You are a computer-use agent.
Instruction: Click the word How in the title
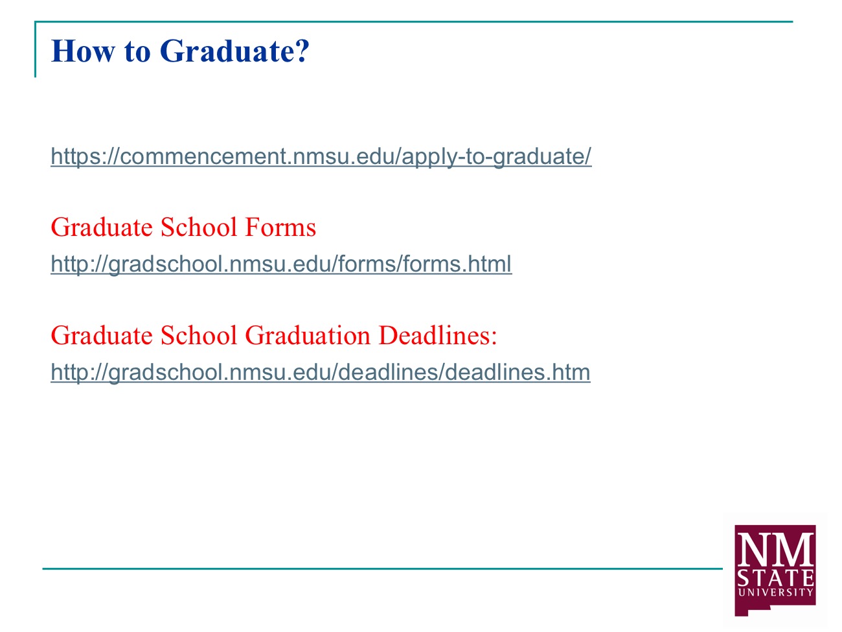[x=83, y=51]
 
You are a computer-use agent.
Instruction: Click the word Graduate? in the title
[x=234, y=52]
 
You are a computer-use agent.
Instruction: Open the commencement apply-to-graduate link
[x=321, y=157]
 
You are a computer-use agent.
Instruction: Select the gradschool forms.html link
[x=281, y=264]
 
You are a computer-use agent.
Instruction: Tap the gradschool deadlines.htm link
[x=321, y=372]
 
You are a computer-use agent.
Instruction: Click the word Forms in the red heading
[x=280, y=227]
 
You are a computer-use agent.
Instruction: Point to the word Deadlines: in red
[x=438, y=335]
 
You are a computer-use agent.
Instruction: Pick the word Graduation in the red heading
[x=308, y=335]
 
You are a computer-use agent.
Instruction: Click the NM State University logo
[x=775, y=570]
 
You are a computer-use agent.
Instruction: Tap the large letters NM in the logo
[x=775, y=550]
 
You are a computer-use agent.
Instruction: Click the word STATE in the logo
[x=775, y=578]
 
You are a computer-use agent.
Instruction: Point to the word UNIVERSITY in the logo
[x=775, y=592]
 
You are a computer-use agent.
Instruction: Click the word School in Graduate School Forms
[x=199, y=227]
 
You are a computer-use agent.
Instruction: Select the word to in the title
[x=137, y=52]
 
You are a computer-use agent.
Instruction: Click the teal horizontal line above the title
[x=414, y=22]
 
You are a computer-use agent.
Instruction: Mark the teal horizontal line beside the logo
[x=382, y=568]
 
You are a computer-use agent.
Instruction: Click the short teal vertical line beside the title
[x=35, y=49]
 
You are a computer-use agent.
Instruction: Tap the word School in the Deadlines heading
[x=199, y=335]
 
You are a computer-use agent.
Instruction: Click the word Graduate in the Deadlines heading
[x=102, y=335]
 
